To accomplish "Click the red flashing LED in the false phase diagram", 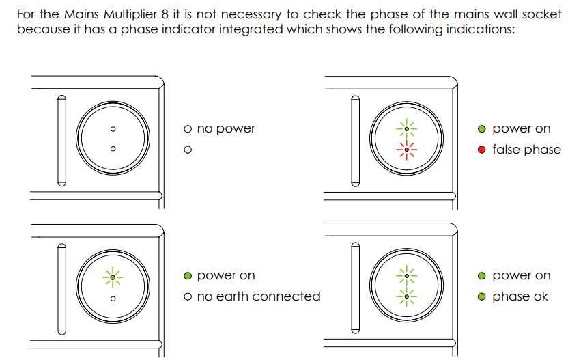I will point(407,148).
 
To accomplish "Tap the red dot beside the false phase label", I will point(482,150).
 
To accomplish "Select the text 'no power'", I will point(225,128).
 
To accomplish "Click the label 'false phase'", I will point(526,150).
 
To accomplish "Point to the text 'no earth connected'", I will point(258,296).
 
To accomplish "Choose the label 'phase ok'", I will point(520,296).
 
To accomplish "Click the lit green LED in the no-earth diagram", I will point(113,276).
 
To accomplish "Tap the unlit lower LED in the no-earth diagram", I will point(113,298).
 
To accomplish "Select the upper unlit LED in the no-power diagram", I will point(113,128).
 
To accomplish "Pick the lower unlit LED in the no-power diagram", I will point(113,149).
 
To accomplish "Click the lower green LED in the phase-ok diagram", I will point(407,296).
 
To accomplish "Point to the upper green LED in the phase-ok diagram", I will point(407,276).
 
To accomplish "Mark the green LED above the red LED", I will point(407,128).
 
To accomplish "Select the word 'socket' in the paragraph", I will point(541,14).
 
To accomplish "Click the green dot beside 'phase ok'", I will point(482,296).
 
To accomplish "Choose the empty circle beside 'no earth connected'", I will point(188,296).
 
